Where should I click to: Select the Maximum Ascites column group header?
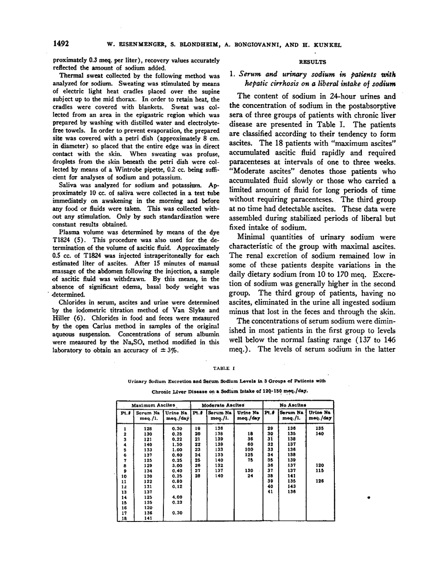point(153,406)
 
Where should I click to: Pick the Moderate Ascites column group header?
point(226,406)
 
